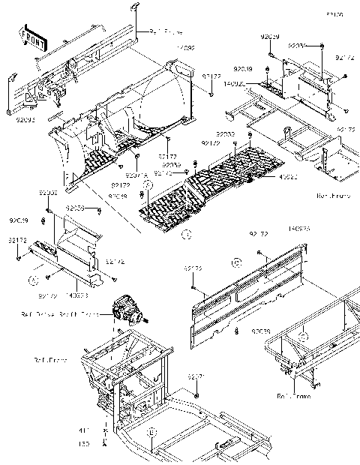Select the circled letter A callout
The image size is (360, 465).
[x=33, y=277]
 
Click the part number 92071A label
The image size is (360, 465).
[x=126, y=175]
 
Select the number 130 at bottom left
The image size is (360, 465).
[x=84, y=444]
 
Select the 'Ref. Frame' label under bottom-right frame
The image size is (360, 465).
[x=292, y=395]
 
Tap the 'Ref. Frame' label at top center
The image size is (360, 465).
[x=165, y=32]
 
